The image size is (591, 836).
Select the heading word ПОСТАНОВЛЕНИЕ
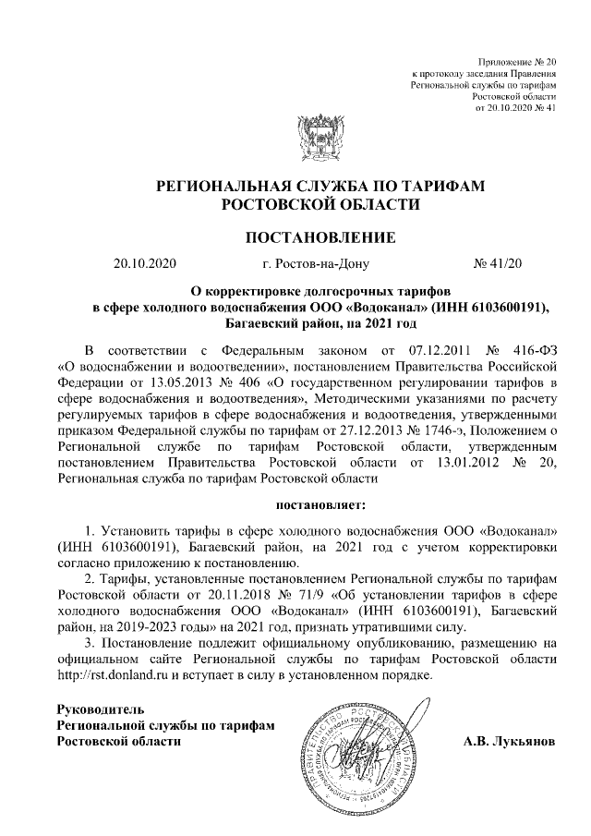320,237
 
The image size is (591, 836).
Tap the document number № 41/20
498,264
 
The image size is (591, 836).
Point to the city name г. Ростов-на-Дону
315,264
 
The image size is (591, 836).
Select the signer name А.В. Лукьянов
510,742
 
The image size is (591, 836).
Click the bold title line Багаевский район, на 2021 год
320,323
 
